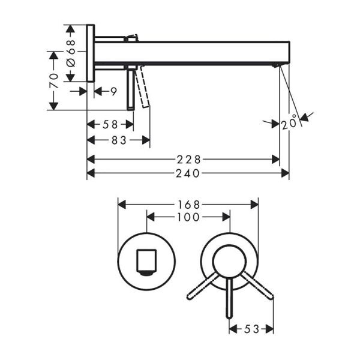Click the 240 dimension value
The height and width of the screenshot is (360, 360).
pyautogui.click(x=188, y=173)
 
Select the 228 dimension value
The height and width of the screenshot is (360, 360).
pyautogui.click(x=188, y=159)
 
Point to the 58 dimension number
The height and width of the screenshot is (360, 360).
pyautogui.click(x=110, y=124)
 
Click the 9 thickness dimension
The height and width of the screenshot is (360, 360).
pyautogui.click(x=113, y=91)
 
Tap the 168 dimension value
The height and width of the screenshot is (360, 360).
pyautogui.click(x=188, y=204)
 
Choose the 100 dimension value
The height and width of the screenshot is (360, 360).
pyautogui.click(x=188, y=217)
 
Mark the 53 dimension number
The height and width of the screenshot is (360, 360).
pyautogui.click(x=251, y=329)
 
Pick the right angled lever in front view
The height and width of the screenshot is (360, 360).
pyautogui.click(x=257, y=286)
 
